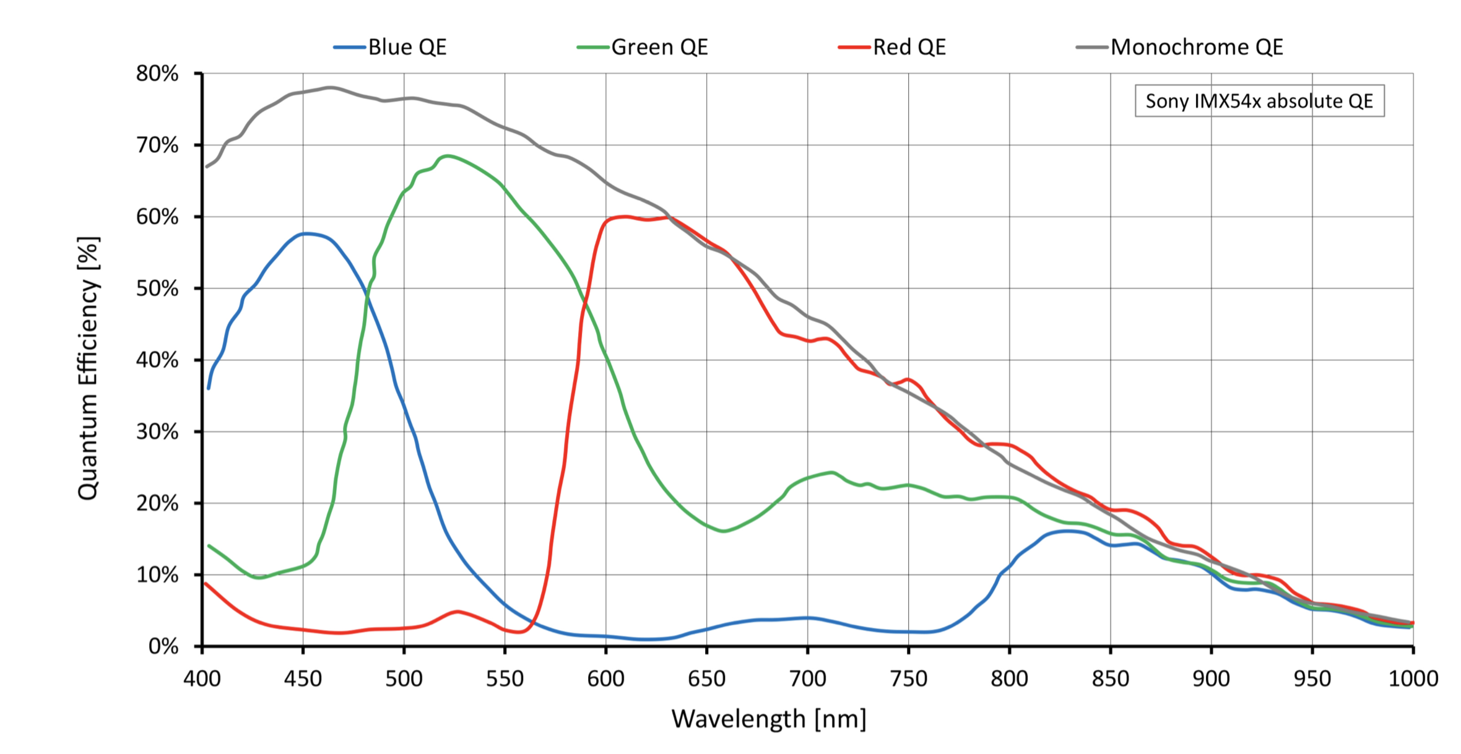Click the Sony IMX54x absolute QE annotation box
click(1259, 101)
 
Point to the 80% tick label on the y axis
click(157, 74)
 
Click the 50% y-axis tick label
click(157, 288)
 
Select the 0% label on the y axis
click(163, 647)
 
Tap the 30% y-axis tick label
click(157, 431)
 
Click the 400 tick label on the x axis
click(202, 679)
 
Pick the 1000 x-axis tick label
click(1413, 679)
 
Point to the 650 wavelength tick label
click(706, 679)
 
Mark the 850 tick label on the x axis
click(1111, 679)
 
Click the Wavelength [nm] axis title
click(769, 719)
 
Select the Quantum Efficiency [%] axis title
click(88, 368)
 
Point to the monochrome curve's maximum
click(329, 87)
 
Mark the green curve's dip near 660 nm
click(723, 531)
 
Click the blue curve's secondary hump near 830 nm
click(1066, 531)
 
